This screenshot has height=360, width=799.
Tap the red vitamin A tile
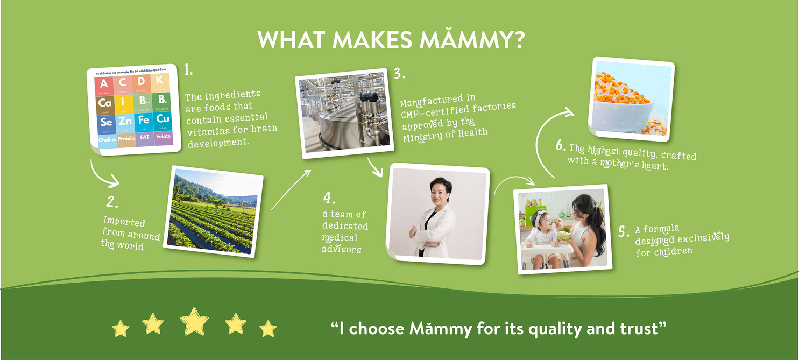click(104, 84)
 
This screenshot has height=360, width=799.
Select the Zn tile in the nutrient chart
click(125, 121)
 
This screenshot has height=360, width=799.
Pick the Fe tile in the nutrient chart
click(143, 121)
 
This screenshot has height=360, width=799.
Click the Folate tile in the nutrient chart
click(162, 137)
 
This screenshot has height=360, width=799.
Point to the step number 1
click(188, 70)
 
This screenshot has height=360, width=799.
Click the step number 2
click(112, 202)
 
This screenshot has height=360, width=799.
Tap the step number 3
click(399, 74)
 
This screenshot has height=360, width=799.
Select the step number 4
click(329, 197)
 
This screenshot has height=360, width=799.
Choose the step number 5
click(623, 232)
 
